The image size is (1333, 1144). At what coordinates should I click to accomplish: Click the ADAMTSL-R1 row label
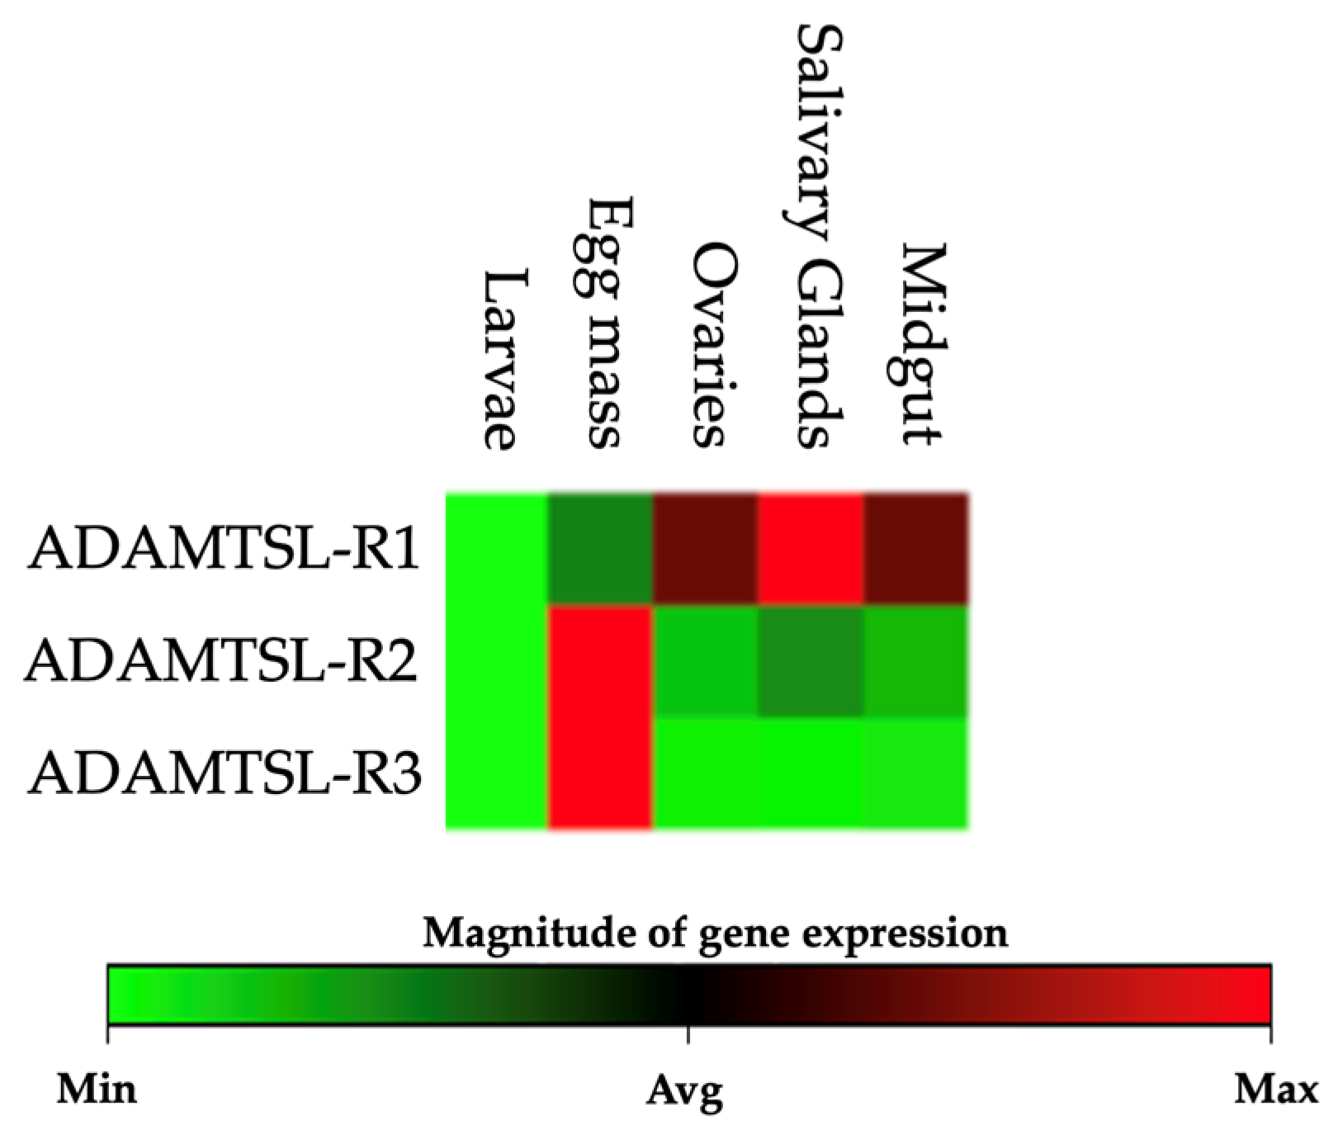click(x=225, y=550)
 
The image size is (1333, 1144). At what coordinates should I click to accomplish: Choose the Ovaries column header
click(x=708, y=344)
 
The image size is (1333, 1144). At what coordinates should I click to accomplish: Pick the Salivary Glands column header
click(x=812, y=236)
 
